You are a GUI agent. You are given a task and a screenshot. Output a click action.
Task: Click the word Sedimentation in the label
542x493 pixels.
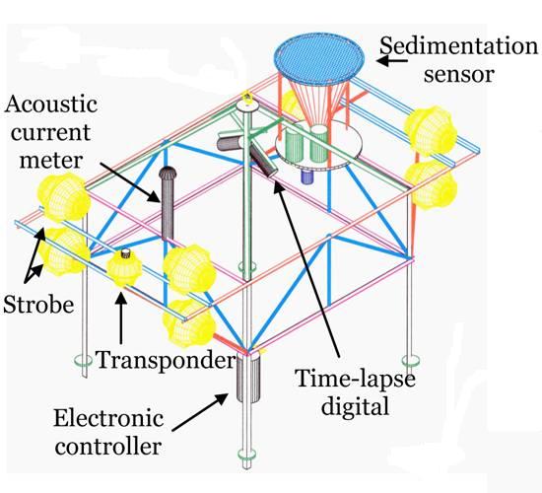click(x=458, y=46)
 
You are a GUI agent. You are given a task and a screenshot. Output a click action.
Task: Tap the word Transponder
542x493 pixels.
click(x=165, y=360)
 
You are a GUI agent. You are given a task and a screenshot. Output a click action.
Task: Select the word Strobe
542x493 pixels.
click(x=38, y=305)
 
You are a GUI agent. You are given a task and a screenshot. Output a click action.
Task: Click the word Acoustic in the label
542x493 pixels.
click(x=51, y=104)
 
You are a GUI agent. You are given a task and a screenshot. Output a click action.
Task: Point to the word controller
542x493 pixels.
click(x=108, y=446)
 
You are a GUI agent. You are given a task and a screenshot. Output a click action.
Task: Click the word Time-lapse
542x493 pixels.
click(x=355, y=379)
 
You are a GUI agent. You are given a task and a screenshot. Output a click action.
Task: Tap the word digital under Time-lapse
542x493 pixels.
click(x=355, y=405)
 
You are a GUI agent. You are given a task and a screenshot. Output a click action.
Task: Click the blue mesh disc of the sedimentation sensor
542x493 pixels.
click(x=319, y=59)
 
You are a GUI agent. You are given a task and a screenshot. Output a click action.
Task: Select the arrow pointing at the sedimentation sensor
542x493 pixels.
click(x=392, y=61)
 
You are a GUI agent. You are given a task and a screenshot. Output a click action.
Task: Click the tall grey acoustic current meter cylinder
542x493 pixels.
click(x=168, y=203)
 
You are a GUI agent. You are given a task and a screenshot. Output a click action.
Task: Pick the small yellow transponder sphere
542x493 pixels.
click(x=124, y=267)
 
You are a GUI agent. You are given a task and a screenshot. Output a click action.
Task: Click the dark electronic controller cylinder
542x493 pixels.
click(x=247, y=378)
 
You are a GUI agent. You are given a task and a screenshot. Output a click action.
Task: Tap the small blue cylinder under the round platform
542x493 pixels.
click(x=306, y=176)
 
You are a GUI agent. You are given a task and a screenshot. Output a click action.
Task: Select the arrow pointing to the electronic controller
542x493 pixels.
click(x=200, y=412)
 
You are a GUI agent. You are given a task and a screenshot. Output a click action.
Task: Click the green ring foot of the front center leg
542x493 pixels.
click(x=246, y=455)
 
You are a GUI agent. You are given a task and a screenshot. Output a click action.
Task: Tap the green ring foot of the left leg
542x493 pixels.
click(x=84, y=361)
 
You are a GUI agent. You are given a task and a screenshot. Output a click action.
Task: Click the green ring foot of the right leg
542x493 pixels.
click(x=411, y=361)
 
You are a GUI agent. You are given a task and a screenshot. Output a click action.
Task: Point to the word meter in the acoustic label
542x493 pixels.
click(x=51, y=160)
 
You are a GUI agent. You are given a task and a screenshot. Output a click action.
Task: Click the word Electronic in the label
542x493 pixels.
click(x=108, y=418)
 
